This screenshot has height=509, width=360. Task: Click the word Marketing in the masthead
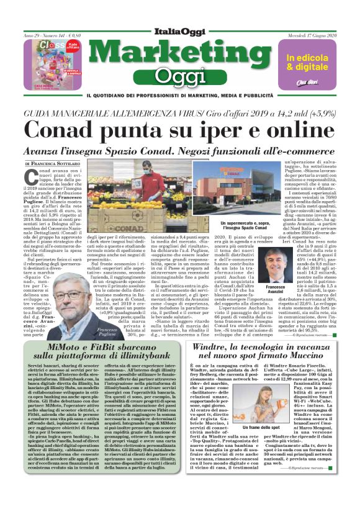coord(180,52)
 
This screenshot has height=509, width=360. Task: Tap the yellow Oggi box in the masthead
coord(180,76)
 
